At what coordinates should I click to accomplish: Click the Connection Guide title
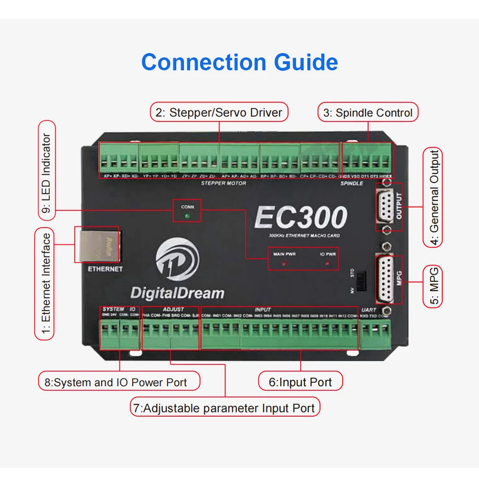pyautogui.click(x=239, y=63)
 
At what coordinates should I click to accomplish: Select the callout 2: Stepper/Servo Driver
pyautogui.click(x=219, y=113)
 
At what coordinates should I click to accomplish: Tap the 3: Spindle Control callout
pyautogui.click(x=368, y=113)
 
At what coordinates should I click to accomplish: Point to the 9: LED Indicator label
pyautogui.click(x=46, y=170)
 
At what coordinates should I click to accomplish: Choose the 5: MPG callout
pyautogui.click(x=433, y=287)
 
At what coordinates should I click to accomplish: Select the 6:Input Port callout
pyautogui.click(x=300, y=382)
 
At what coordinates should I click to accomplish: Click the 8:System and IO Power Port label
pyautogui.click(x=119, y=382)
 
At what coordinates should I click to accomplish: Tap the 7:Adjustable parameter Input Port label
pyautogui.click(x=225, y=408)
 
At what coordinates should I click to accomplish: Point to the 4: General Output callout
pyautogui.click(x=433, y=198)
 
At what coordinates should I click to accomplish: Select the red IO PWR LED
pyautogui.click(x=328, y=264)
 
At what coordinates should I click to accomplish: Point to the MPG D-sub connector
pyautogui.click(x=386, y=279)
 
